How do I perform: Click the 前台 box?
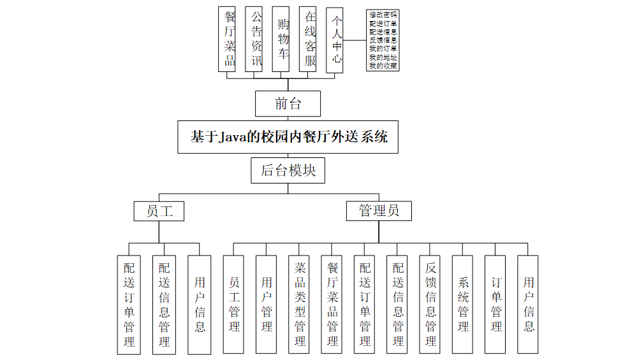(288, 104)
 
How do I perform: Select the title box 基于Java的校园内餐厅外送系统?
(288, 137)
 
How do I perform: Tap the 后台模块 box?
(288, 171)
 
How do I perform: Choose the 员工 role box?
(159, 211)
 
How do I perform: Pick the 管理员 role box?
(379, 211)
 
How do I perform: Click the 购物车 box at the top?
(283, 39)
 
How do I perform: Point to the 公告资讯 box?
(256, 39)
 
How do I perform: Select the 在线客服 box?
(310, 39)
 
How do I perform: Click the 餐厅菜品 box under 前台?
(229, 39)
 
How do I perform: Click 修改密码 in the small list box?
(383, 14)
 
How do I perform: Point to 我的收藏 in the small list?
(383, 65)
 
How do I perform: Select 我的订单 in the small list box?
(383, 48)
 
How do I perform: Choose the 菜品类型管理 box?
(300, 305)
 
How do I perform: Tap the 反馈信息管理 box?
(430, 305)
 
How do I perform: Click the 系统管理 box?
(463, 305)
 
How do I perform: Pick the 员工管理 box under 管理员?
(234, 305)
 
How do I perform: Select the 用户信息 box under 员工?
(200, 305)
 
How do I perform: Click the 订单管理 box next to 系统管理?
(495, 305)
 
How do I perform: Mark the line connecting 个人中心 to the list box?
(355, 40)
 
